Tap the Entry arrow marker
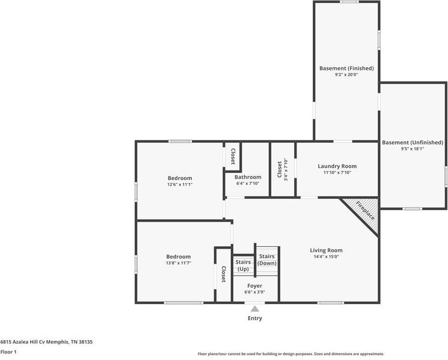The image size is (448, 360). pos(255,309)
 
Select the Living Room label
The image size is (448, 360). pos(326,250)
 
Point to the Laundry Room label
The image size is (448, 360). pos(337,166)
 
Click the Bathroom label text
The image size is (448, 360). pos(248,177)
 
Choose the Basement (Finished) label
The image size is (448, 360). pos(346,69)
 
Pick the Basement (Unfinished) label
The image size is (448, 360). pos(413,143)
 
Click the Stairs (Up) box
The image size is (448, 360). pos(243,265)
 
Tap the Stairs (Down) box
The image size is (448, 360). pos(267,259)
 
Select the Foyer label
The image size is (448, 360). pos(254,286)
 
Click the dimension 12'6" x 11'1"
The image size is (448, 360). pos(179,185)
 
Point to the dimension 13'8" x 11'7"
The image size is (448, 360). pos(179,263)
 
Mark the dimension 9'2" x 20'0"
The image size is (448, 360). pos(346,75)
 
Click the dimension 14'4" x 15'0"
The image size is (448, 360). pos(326,257)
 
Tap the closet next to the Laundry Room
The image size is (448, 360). pos(282,169)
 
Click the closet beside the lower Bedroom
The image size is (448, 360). pos(223,275)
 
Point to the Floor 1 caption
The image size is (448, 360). pos(8,352)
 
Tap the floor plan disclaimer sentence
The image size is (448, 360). pos(290,354)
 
